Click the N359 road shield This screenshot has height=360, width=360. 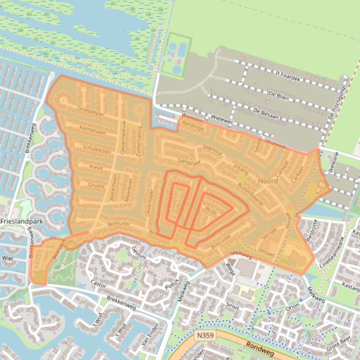pyautogui.click(x=203, y=336)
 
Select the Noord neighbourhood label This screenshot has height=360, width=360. pyautogui.click(x=268, y=180)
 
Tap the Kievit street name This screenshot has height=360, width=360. pyautogui.click(x=96, y=166)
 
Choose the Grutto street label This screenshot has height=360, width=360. pyautogui.click(x=96, y=185)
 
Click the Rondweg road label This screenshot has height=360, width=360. pyautogui.click(x=257, y=346)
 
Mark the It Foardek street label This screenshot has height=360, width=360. pyautogui.click(x=288, y=76)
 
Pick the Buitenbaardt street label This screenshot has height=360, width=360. pyautogui.click(x=251, y=194)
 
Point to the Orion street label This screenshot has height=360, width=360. pyautogui.click(x=293, y=307)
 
